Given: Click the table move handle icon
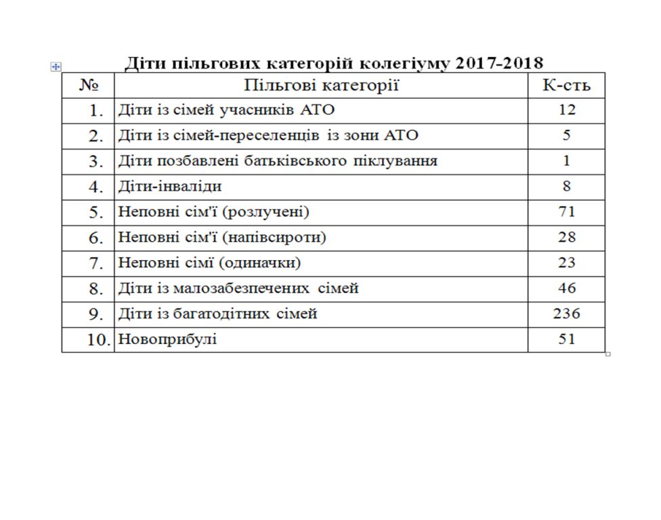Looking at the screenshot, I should pyautogui.click(x=56, y=66).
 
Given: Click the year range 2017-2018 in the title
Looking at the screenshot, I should pyautogui.click(x=500, y=64).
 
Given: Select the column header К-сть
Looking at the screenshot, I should pyautogui.click(x=566, y=85).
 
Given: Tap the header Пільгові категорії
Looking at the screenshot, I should pyautogui.click(x=321, y=85).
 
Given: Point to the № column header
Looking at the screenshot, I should pyautogui.click(x=89, y=85).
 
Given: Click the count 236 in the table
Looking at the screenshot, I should pyautogui.click(x=566, y=313).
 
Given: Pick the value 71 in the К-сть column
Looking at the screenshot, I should pyautogui.click(x=566, y=211).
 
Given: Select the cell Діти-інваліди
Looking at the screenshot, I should pyautogui.click(x=170, y=186).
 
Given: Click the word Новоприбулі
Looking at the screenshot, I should pyautogui.click(x=167, y=339).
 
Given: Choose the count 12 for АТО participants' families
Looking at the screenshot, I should pyautogui.click(x=566, y=110).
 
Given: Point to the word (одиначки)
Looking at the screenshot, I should pyautogui.click(x=262, y=263).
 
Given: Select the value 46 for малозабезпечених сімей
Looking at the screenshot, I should pyautogui.click(x=566, y=288).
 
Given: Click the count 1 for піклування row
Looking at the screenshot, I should pyautogui.click(x=566, y=160).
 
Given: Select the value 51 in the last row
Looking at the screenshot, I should pyautogui.click(x=566, y=339).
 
